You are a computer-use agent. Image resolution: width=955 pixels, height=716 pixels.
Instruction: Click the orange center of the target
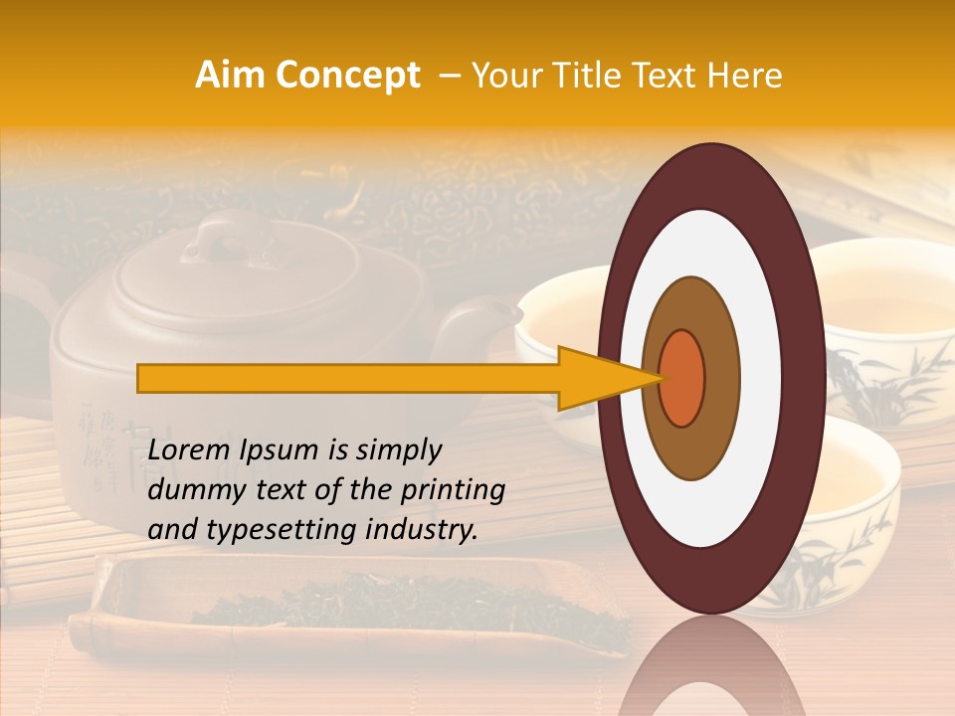pos(682,377)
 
